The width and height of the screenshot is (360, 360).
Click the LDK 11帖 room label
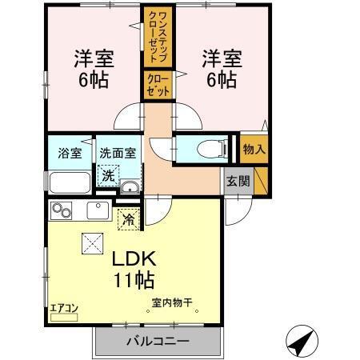(133, 270)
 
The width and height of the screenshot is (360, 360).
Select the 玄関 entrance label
(237, 180)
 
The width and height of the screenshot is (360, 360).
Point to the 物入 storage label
(254, 149)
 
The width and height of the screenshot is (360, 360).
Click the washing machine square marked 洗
(106, 175)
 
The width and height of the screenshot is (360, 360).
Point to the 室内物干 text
(172, 302)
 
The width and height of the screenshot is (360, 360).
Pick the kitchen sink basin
(98, 211)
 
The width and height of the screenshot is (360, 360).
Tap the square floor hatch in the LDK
(90, 242)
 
